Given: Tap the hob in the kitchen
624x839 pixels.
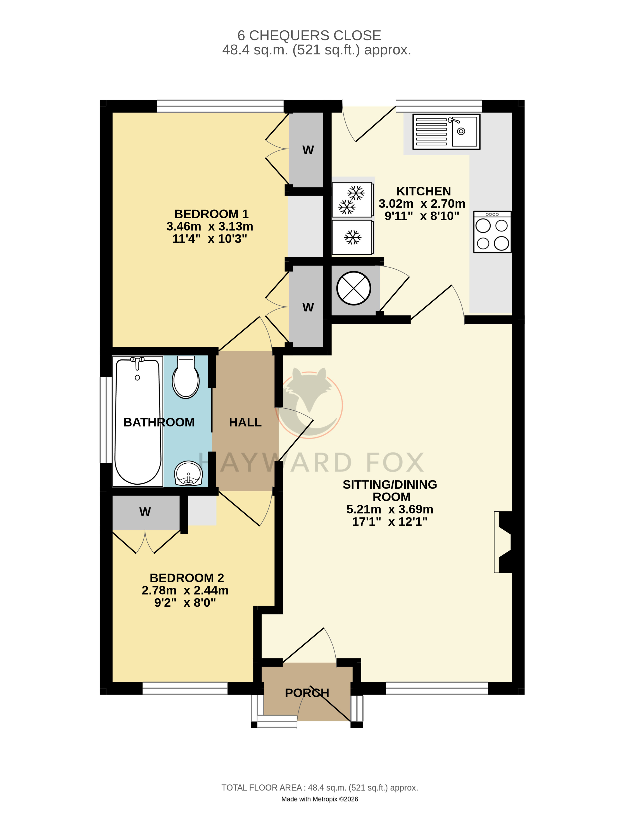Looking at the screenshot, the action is click(x=492, y=232).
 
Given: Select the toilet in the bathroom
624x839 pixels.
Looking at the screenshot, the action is click(x=186, y=377).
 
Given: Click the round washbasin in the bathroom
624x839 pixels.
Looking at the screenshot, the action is click(x=188, y=473).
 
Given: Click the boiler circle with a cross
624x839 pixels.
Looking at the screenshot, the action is click(x=353, y=288).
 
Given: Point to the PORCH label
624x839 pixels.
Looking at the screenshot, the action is click(x=307, y=693).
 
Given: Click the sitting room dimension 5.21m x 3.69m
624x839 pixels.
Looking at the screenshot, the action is click(x=390, y=509).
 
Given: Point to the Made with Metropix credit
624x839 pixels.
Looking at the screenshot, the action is click(x=320, y=799).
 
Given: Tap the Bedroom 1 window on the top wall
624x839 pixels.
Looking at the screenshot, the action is click(x=220, y=106).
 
